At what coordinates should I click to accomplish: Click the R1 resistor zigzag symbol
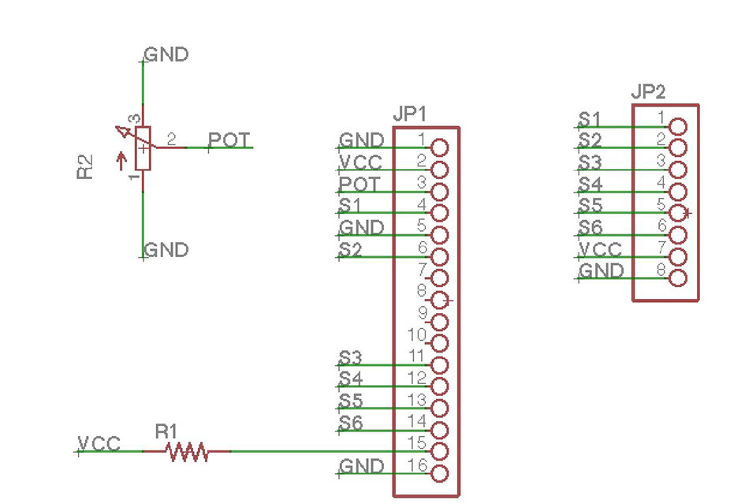point(187,452)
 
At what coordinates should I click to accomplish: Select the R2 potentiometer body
point(142,147)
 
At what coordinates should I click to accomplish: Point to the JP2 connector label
point(649,92)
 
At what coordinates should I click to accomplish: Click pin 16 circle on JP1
point(440,474)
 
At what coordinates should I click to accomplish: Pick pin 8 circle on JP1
point(440,300)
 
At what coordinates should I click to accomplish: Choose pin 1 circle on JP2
point(678,126)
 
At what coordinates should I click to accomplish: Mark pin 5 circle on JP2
point(678,211)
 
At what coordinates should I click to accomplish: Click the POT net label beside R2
point(229,140)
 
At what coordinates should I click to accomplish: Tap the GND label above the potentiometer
point(166,54)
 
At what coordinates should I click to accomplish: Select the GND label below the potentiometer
point(166,250)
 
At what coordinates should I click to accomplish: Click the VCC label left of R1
point(99,443)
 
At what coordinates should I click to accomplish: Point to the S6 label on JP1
point(351,423)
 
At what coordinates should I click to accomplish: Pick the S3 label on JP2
point(590,162)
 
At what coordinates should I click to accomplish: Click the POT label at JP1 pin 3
point(360,184)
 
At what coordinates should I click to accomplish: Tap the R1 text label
point(166,431)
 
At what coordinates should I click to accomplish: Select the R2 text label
point(85,167)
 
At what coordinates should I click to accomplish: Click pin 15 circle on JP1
point(440,452)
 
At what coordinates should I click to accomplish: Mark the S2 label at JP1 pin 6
point(351,249)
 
